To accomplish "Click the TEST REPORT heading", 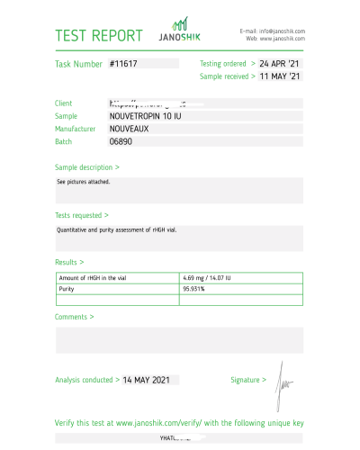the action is [x=99, y=36].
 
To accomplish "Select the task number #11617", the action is [x=124, y=64].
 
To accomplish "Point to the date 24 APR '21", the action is [x=280, y=64].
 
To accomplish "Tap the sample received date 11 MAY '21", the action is [x=280, y=76].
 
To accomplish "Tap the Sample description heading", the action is [x=87, y=167].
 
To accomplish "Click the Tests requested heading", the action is [x=82, y=216].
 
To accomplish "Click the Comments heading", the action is [x=74, y=317].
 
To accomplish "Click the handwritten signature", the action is [x=283, y=379].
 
